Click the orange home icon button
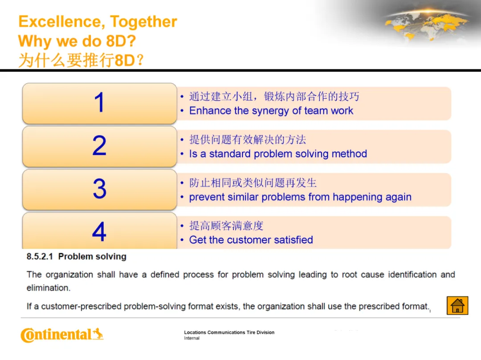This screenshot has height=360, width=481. (x=457, y=305)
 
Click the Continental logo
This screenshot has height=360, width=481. (x=62, y=335)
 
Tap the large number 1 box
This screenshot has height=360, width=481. (x=99, y=103)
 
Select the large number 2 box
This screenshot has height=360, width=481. (x=99, y=146)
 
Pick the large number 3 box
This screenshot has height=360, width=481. (x=99, y=190)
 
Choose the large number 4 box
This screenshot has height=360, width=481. (x=99, y=231)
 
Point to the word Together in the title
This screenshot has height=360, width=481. (x=143, y=22)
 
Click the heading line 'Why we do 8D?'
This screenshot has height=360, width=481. (x=77, y=41)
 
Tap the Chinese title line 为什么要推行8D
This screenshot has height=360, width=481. (x=81, y=60)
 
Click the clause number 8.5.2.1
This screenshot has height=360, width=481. (x=40, y=256)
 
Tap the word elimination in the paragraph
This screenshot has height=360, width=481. (x=49, y=288)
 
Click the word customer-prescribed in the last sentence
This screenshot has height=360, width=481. (x=82, y=307)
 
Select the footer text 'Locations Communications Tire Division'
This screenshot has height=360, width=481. (x=229, y=332)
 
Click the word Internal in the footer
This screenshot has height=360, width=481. (x=192, y=338)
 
